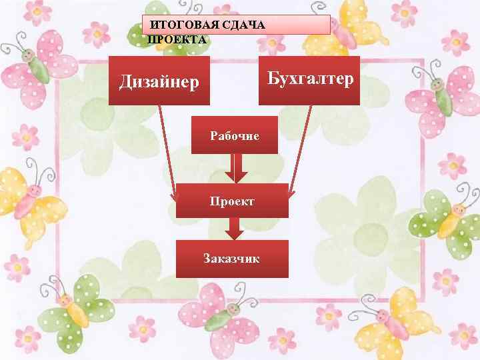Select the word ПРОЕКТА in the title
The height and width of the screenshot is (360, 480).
[x=177, y=39]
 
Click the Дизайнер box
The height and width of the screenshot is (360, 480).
[x=159, y=81]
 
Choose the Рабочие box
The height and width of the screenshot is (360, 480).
[x=235, y=135]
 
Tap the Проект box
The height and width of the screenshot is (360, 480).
[x=232, y=201]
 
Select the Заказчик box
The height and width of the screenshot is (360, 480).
[x=232, y=259]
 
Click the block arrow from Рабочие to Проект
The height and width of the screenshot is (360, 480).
[x=235, y=168]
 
